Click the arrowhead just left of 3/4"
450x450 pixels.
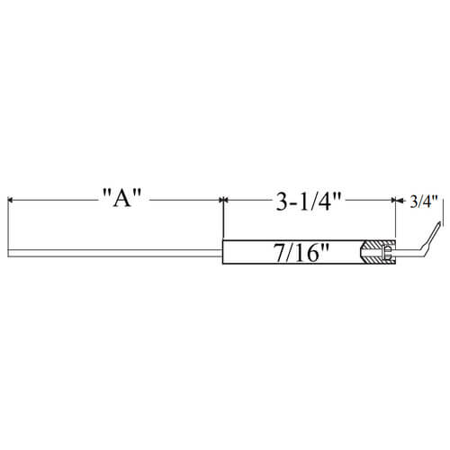400,201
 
